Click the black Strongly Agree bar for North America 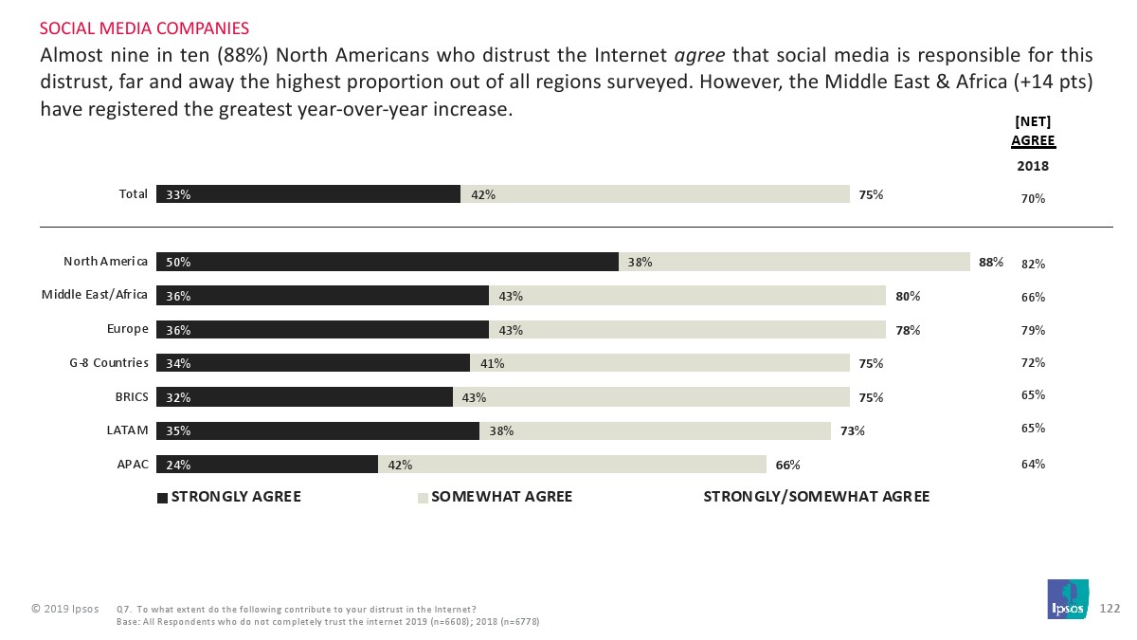click(x=388, y=262)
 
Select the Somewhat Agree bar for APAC click(x=572, y=465)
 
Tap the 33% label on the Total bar click(x=178, y=194)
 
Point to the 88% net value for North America click(x=991, y=263)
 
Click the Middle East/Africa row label click(x=95, y=295)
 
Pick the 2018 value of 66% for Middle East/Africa click(x=1033, y=297)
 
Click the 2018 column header click(x=1033, y=166)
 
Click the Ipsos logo click(x=1068, y=599)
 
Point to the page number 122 click(x=1110, y=608)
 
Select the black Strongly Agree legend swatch click(x=163, y=497)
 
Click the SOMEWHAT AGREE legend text click(x=501, y=497)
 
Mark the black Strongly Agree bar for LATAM click(x=317, y=430)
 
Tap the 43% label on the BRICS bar click(x=474, y=397)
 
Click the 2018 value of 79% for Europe click(x=1033, y=330)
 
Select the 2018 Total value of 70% click(x=1033, y=198)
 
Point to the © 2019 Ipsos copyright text click(x=64, y=608)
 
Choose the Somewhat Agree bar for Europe click(x=687, y=329)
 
